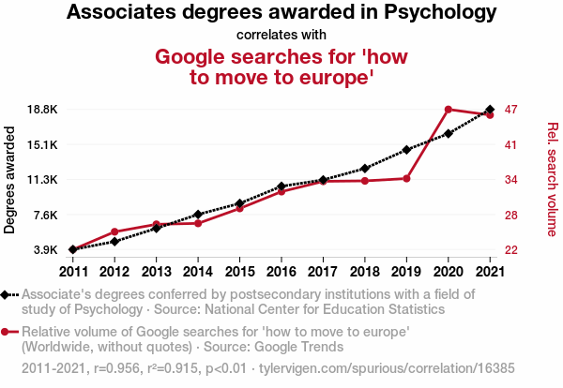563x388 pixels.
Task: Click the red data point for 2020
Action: click(x=449, y=110)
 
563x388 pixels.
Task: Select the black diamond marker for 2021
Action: click(x=490, y=110)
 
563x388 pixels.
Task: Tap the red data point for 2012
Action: click(x=114, y=231)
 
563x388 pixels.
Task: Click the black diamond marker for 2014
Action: click(x=198, y=215)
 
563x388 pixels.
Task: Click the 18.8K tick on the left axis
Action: click(x=40, y=110)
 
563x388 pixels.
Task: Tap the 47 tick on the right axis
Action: click(x=510, y=110)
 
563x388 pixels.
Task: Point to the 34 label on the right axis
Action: click(x=510, y=180)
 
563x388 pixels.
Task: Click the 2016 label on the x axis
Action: click(x=281, y=271)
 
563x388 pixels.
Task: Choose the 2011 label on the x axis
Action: click(x=72, y=271)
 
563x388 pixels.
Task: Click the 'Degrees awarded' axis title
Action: click(x=10, y=180)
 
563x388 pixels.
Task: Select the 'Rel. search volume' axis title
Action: click(x=552, y=180)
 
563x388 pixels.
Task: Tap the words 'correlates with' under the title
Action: click(x=281, y=36)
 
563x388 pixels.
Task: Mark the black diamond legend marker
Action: click(x=7, y=294)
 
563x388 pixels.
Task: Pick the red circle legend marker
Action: click(x=7, y=332)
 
